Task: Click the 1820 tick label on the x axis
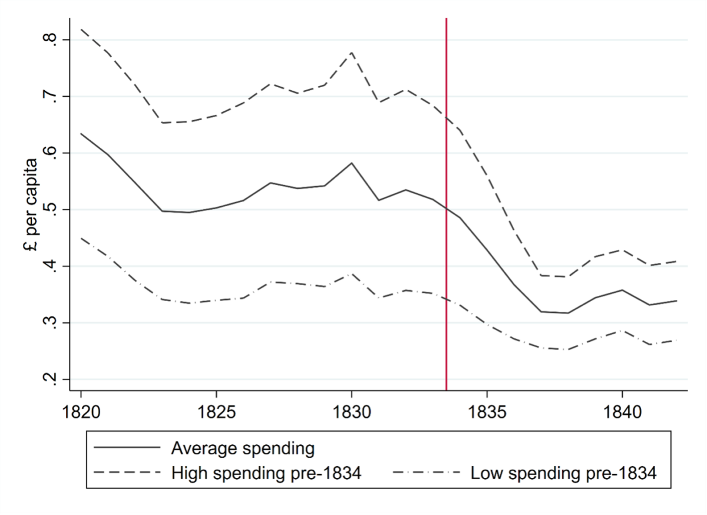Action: [81, 410]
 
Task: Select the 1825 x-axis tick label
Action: [216, 410]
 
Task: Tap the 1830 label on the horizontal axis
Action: [352, 410]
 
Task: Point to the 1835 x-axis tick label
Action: [487, 410]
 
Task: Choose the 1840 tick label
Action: [622, 410]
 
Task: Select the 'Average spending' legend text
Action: [243, 448]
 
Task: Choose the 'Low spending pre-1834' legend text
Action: [563, 473]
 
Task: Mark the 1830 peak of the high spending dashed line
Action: [352, 52]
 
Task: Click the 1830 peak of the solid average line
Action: [352, 163]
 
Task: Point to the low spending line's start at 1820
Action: [81, 238]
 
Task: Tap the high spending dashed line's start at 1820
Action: [81, 29]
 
